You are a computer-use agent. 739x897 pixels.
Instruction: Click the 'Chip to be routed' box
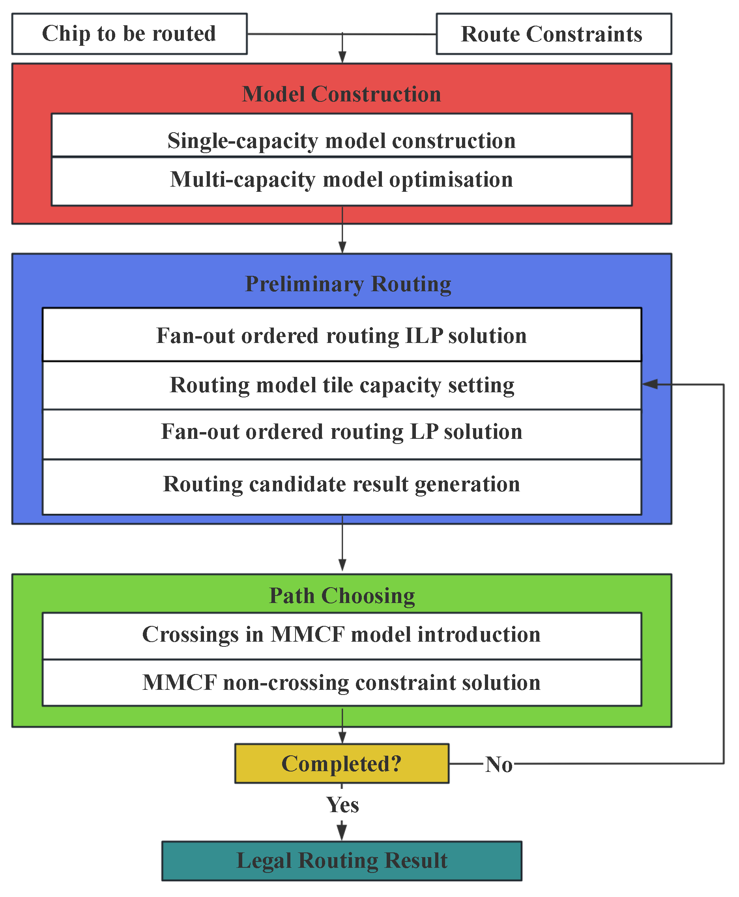[x=129, y=34]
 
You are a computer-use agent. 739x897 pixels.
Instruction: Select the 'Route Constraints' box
[x=554, y=34]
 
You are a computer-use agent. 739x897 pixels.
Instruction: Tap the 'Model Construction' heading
[x=341, y=94]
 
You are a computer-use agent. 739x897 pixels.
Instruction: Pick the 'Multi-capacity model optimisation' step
[x=341, y=180]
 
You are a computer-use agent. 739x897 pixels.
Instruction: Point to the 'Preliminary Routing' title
[x=348, y=285]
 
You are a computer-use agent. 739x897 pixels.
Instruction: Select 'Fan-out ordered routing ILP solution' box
[x=341, y=335]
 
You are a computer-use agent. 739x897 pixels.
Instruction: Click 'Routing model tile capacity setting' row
[x=341, y=385]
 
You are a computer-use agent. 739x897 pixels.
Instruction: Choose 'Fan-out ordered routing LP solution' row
[x=341, y=432]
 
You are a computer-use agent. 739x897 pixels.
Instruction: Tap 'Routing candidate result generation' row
[x=341, y=484]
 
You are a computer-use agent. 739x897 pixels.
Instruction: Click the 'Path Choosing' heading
[x=342, y=596]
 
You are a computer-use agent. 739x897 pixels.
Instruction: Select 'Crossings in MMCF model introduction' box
[x=341, y=635]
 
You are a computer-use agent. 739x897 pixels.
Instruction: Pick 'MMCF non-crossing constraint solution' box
[x=341, y=683]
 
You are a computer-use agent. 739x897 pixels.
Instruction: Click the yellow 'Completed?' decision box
[x=341, y=764]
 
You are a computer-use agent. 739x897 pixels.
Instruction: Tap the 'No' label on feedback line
[x=499, y=764]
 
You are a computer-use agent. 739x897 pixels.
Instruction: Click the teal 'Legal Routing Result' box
[x=341, y=860]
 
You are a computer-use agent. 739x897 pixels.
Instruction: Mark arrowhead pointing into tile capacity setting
[x=649, y=384]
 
